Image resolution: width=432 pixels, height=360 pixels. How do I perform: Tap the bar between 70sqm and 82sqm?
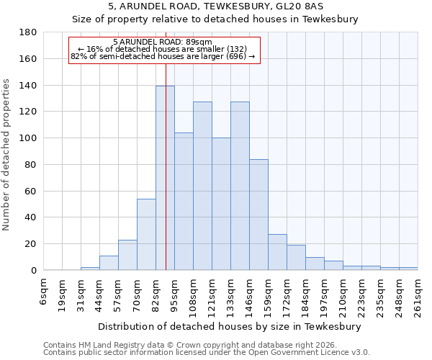pyautogui.click(x=146, y=234)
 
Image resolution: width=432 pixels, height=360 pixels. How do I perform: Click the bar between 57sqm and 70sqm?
pyautogui.click(x=127, y=255)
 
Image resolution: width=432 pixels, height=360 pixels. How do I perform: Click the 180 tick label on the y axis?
pyautogui.click(x=28, y=32)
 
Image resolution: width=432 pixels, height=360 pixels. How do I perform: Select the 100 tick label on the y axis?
pyautogui.click(x=28, y=138)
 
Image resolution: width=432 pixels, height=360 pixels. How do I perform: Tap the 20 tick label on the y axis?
pyautogui.click(x=31, y=244)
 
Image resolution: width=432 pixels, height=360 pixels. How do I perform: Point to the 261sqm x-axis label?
pyautogui.click(x=418, y=294)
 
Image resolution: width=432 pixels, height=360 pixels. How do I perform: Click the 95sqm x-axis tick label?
pyautogui.click(x=175, y=292)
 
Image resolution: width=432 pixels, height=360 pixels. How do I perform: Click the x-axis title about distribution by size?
pyautogui.click(x=230, y=326)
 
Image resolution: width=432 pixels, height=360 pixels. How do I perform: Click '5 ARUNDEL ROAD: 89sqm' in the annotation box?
pyautogui.click(x=162, y=42)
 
